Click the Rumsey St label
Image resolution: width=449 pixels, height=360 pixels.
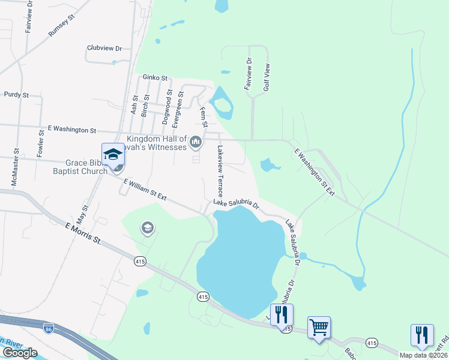click(61, 26)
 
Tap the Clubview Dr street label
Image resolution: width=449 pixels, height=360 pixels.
click(104, 48)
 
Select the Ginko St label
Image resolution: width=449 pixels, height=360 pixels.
click(155, 78)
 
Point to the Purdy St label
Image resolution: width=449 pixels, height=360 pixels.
click(16, 95)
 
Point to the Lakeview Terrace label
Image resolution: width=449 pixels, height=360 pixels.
click(220, 171)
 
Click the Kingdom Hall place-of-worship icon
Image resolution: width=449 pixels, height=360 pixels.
click(194, 142)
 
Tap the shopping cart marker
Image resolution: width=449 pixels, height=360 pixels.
click(319, 328)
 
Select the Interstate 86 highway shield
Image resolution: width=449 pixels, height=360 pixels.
click(49, 328)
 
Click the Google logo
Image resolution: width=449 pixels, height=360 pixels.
click(20, 353)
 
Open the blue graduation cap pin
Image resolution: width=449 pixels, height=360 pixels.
click(112, 154)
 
